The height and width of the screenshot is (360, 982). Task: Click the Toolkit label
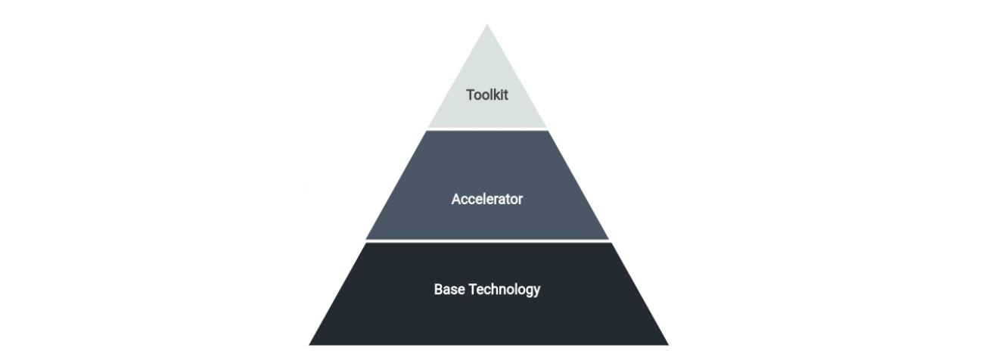coord(486,95)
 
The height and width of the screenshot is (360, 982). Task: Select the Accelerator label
coord(487,199)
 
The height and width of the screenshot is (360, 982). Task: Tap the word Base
coord(449,290)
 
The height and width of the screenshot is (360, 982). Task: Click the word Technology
coord(504,290)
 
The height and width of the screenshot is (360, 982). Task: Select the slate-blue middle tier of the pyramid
coord(487,185)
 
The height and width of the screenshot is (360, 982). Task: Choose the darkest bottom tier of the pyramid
coord(489,293)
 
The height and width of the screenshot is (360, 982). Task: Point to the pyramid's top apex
coord(487,23)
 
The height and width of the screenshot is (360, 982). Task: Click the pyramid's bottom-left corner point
coord(309,345)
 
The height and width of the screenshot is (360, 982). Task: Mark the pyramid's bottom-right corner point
coord(669,345)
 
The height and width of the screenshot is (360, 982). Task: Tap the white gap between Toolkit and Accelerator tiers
coord(487,129)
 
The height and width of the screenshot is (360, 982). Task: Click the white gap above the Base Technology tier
coord(488,241)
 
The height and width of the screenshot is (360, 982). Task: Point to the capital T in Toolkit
coord(470,95)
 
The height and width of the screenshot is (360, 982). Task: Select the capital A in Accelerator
coord(456,199)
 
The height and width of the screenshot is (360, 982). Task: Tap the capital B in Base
coord(438,290)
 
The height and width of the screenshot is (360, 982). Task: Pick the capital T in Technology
coord(473,290)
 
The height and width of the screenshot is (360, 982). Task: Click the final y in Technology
coord(537,292)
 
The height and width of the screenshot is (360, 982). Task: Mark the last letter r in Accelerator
coord(521,201)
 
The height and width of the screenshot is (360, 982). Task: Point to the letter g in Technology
coord(528,292)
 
